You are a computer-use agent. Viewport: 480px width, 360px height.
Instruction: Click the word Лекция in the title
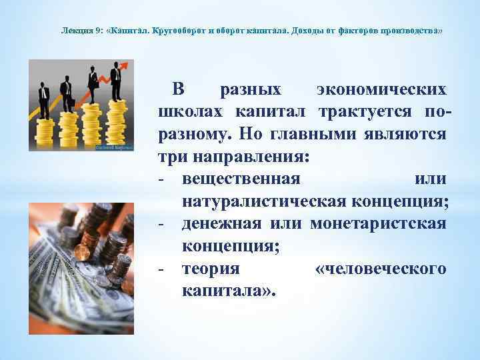73,31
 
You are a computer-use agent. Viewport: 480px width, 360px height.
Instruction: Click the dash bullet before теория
162,269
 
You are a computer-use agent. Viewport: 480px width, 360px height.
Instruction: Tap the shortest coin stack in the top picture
44,133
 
